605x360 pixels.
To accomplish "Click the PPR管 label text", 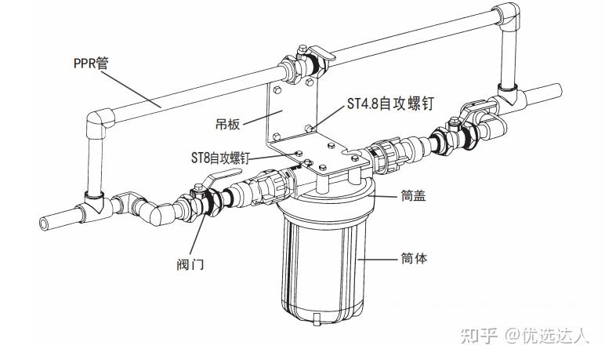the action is pos(91,63).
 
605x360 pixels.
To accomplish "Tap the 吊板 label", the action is pos(227,124).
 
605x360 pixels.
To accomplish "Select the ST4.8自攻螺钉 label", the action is pos(390,104).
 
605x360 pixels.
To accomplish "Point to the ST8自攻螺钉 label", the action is pos(220,158).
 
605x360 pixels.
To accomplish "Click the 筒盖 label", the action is pos(413,195).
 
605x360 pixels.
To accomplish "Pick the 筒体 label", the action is pos(414,258).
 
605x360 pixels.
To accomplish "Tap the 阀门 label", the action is pos(190,264).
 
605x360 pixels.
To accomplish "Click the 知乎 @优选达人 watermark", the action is pos(525,335).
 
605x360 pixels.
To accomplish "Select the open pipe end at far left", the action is pos(45,224).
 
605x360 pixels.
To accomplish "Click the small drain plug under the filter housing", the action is pos(317,319).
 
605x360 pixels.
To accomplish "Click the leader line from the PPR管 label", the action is pos(131,89).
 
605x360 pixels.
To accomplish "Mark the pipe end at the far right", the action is pos(556,91).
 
